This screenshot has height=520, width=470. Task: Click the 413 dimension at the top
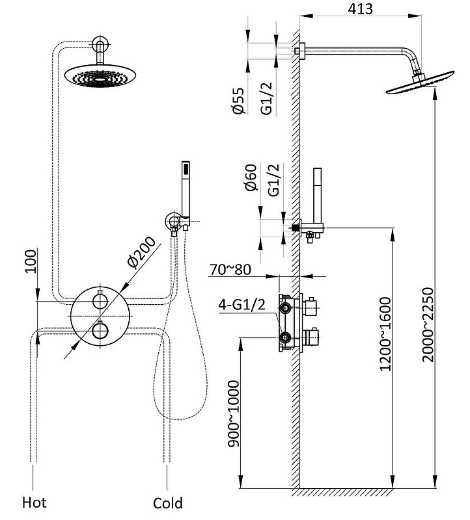360,8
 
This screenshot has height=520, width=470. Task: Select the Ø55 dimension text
238,101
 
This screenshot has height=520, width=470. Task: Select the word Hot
35,502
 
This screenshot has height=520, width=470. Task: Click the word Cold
168,503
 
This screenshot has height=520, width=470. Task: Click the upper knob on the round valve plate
100,302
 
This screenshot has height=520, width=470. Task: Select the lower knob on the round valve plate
100,331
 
